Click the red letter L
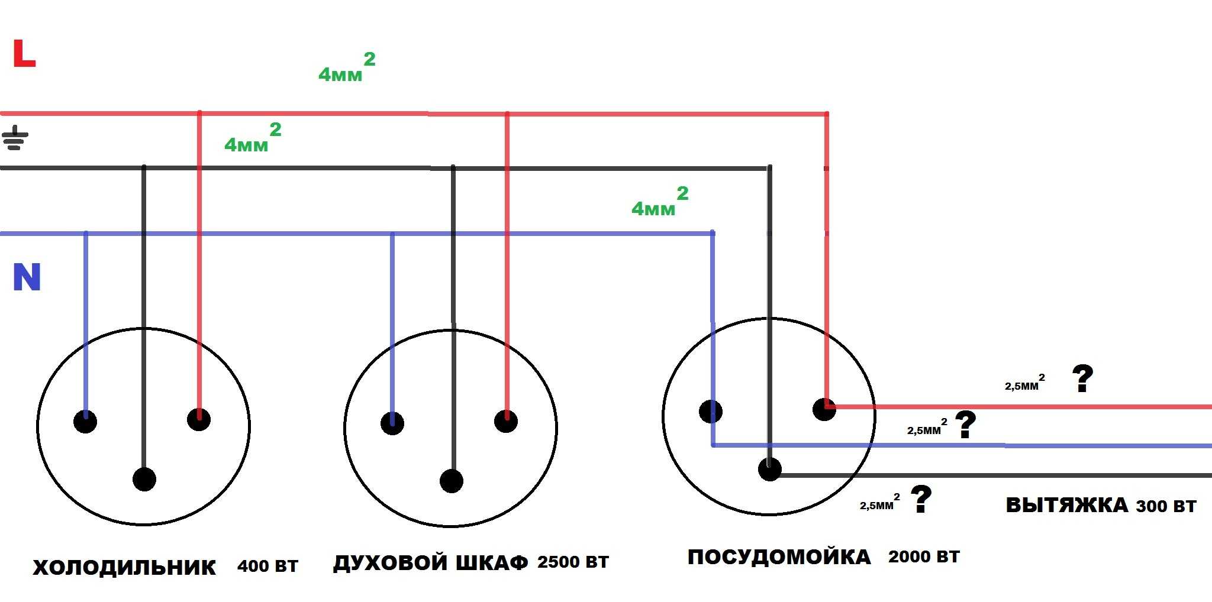pos(24,54)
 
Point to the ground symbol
pos(15,138)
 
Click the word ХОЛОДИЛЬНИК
pos(124,567)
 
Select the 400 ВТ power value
pos(267,566)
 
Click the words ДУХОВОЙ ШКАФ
pos(430,562)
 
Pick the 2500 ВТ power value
pos(573,561)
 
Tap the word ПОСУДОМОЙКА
pos(779,557)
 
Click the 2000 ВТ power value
pos(924,556)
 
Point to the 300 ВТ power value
pos(1166,506)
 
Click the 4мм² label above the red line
pos(347,67)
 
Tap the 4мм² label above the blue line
pos(660,201)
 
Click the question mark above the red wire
pos(1082,378)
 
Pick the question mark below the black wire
pos(921,499)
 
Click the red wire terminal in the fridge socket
pos(199,419)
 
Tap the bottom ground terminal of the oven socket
pos(452,481)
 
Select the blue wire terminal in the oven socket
pos(392,423)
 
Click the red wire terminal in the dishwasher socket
pos(824,409)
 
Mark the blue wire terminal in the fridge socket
pos(85,421)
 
